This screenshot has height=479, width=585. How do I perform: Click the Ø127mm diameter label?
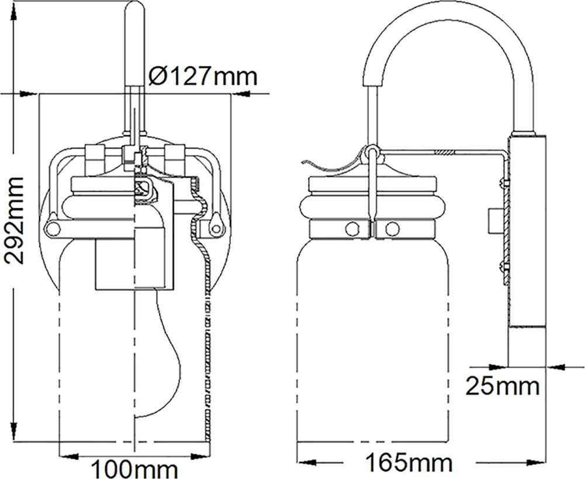[x=203, y=76]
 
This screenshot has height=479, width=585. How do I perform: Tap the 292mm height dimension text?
[x=14, y=220]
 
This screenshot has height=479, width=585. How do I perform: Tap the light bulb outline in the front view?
[x=158, y=354]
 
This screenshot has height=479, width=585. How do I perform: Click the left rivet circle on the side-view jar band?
[x=352, y=229]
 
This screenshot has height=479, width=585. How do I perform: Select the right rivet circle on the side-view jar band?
[x=392, y=229]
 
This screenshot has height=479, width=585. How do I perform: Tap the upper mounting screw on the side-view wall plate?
[x=505, y=182]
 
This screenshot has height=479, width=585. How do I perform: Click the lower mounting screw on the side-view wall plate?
[x=505, y=267]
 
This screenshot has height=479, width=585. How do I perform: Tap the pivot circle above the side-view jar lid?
[x=372, y=151]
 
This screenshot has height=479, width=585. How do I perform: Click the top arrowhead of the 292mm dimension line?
[x=15, y=12]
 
